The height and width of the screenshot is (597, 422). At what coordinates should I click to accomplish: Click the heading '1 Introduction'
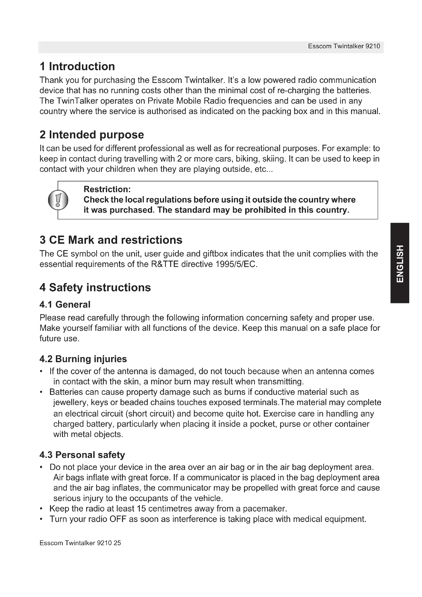click(77, 67)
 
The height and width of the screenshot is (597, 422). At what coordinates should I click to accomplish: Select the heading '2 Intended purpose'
click(92, 135)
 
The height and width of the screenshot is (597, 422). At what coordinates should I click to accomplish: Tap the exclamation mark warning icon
click(58, 200)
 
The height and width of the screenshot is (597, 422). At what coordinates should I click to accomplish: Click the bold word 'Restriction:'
click(107, 189)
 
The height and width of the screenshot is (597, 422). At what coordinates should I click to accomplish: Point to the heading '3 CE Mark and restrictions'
click(111, 240)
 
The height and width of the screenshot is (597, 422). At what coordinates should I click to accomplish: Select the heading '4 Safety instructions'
click(95, 288)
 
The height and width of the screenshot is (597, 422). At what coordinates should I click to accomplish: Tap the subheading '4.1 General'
click(65, 304)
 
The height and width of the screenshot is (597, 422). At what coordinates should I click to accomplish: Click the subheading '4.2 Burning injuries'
click(83, 359)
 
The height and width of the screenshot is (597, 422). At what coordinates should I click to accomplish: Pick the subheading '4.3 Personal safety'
click(82, 455)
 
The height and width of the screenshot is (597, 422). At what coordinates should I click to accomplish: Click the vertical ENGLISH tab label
click(400, 263)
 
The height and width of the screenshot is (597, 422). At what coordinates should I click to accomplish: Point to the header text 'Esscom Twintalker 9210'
click(344, 46)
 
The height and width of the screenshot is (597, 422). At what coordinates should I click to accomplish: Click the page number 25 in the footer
click(117, 543)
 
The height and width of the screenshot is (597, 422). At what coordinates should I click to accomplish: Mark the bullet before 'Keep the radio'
click(41, 509)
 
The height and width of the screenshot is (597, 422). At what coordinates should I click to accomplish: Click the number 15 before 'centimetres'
click(141, 509)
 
